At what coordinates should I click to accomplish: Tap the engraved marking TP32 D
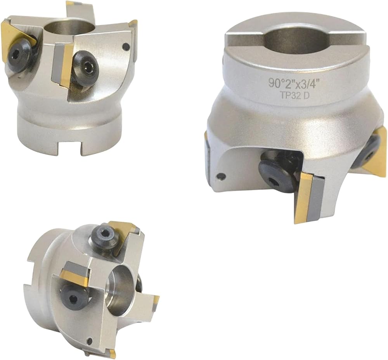[x=294, y=96]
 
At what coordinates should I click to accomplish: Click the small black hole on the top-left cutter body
[x=126, y=46]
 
